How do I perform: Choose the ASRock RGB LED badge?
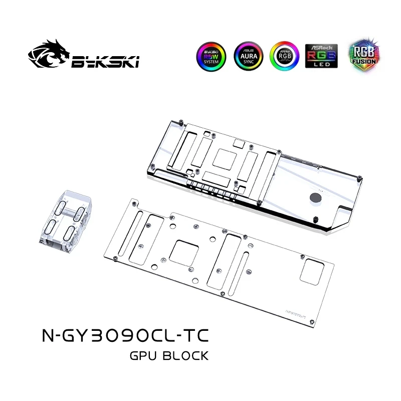coord(321,56)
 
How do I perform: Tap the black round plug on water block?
coord(316,197)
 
